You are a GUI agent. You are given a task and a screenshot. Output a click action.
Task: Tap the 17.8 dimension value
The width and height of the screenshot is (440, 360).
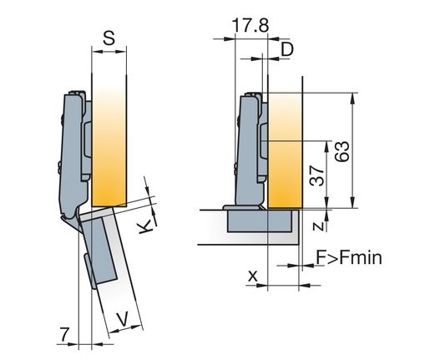[x=250, y=25]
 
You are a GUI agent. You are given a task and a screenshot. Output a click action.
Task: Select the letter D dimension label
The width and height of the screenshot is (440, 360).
[x=287, y=49]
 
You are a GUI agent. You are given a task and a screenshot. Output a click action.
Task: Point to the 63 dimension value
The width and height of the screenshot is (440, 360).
[x=342, y=151]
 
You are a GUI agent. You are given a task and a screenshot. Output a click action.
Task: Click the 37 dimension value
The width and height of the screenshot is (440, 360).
[x=316, y=175]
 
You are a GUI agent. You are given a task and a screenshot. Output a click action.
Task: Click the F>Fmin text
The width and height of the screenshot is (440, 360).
[x=349, y=257]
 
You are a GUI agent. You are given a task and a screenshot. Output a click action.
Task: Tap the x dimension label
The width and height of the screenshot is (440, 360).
[x=253, y=276]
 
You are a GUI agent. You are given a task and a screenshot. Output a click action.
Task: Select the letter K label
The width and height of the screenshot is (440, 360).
[x=145, y=227]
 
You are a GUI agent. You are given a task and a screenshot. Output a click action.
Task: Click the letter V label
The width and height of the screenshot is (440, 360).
[x=123, y=319]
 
